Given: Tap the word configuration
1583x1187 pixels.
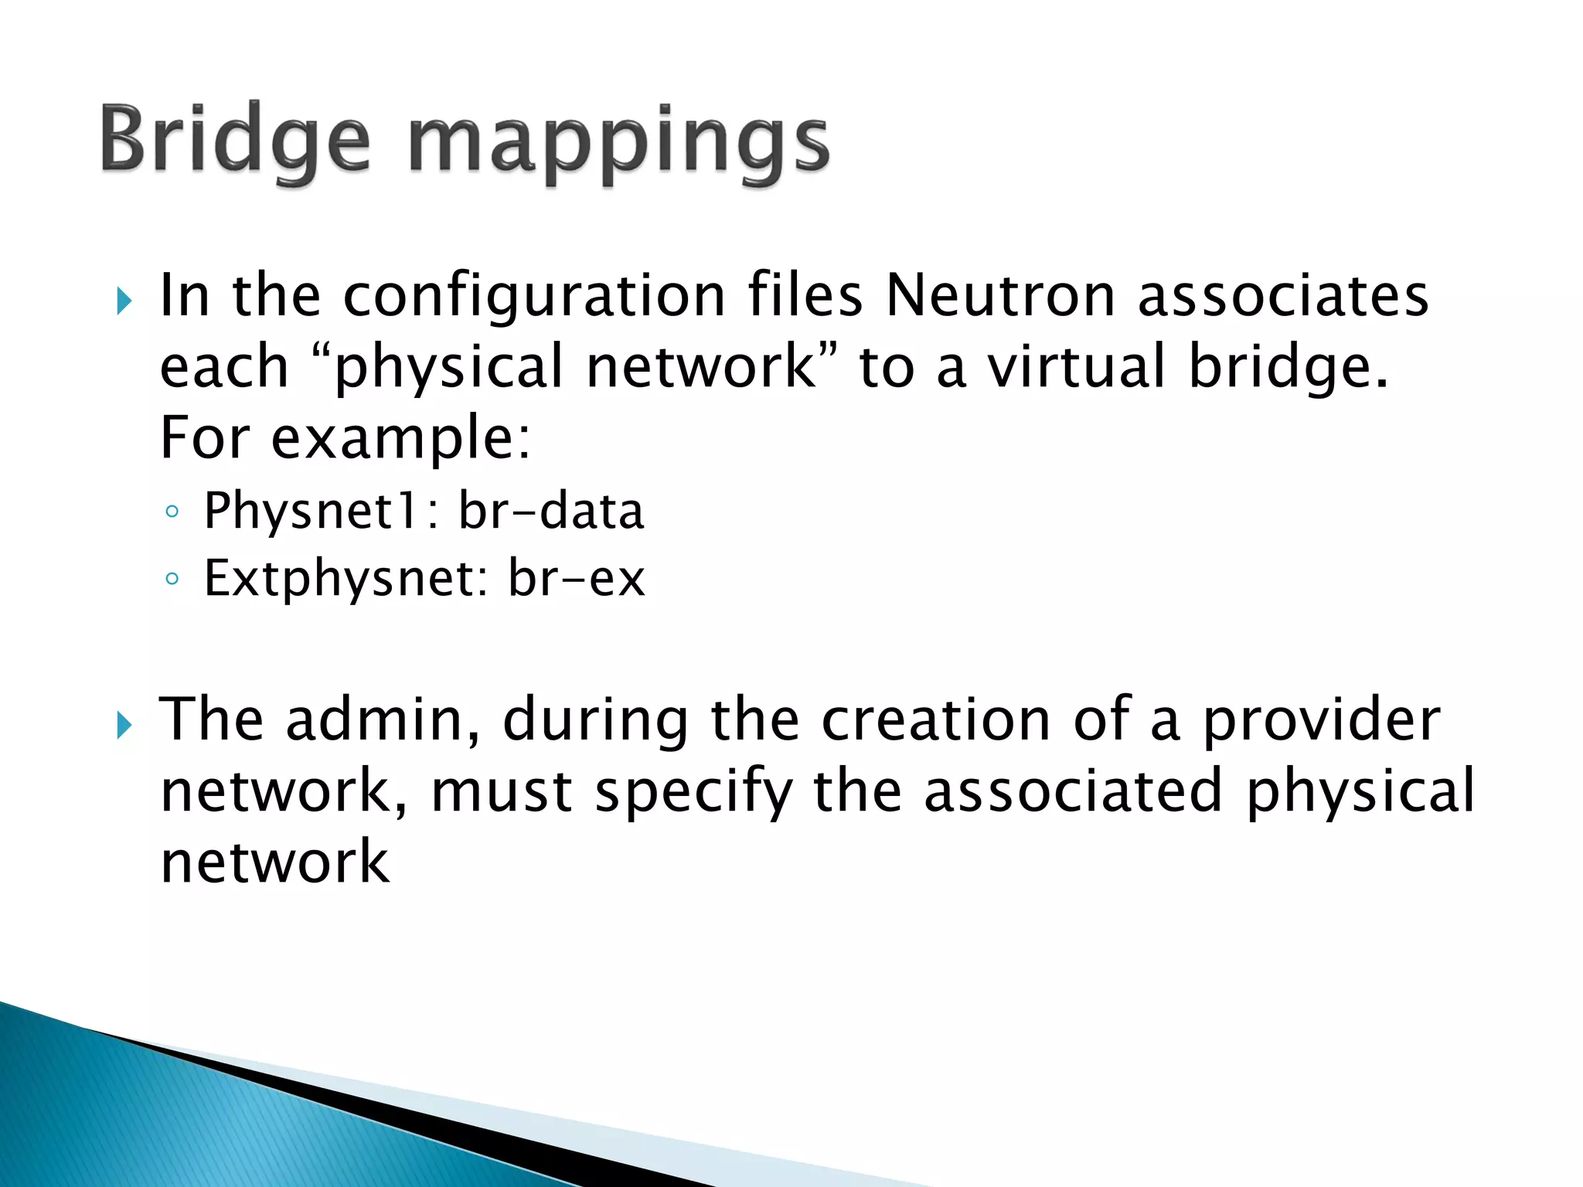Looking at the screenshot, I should point(533,298).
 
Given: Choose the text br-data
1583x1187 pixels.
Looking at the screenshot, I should point(551,512).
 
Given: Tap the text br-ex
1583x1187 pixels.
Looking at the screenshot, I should point(576,580).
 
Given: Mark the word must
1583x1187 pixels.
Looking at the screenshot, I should point(501,791).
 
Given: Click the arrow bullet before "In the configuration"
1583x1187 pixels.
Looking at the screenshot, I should point(124,301).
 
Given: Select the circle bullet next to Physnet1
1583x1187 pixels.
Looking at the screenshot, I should point(172,512).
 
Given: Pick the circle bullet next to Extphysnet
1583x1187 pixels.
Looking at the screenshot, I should point(172,579).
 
